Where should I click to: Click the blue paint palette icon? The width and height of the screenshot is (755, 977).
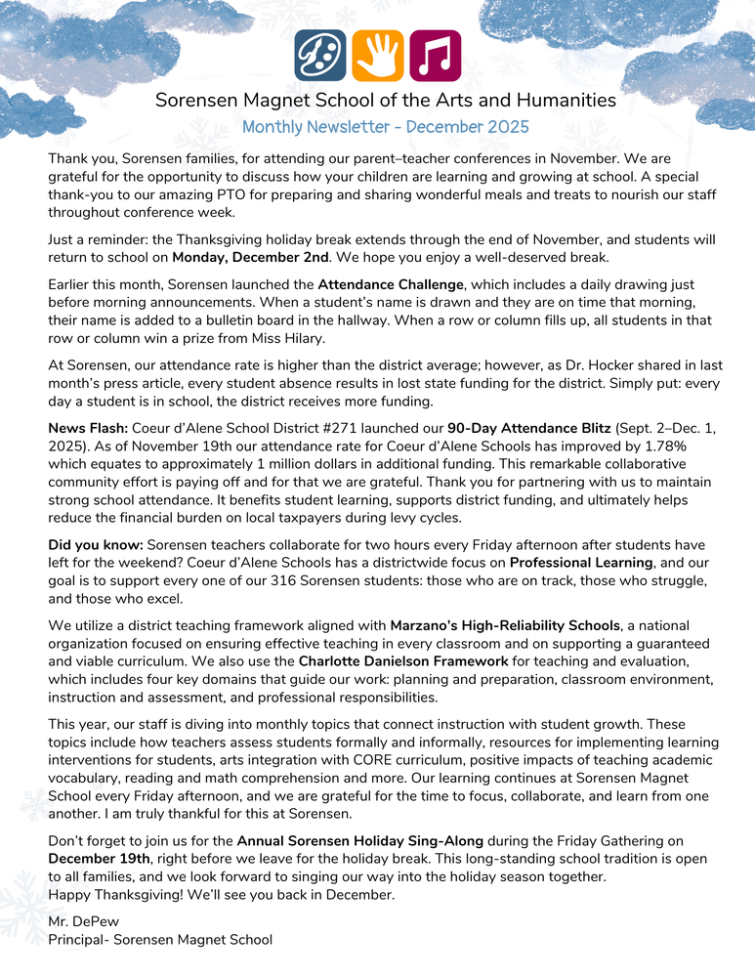tap(320, 56)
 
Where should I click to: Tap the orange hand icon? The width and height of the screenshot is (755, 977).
tap(377, 56)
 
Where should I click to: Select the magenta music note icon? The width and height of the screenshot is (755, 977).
tap(435, 56)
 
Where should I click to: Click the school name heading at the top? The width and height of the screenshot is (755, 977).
tap(386, 101)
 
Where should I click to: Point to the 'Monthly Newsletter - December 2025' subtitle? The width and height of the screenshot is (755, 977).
tap(386, 127)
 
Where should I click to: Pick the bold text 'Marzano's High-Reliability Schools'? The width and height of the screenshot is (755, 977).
tap(506, 624)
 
